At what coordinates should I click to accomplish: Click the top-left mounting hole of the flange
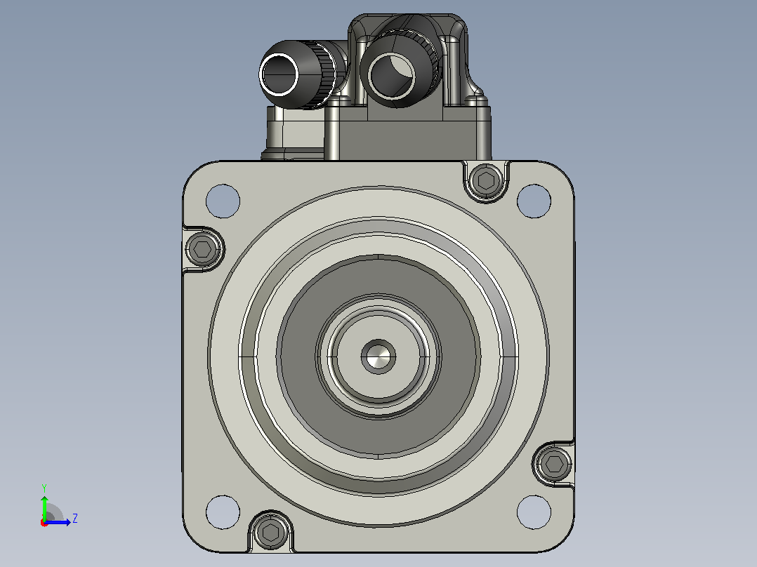tap(223, 201)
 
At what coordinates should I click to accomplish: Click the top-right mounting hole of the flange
tap(534, 201)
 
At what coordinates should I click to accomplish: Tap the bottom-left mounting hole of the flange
tap(223, 512)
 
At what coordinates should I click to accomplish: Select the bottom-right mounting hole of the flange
tap(534, 512)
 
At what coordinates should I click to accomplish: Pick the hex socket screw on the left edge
tap(203, 249)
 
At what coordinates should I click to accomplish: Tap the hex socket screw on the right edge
tap(554, 464)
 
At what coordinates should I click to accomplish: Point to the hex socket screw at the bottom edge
tap(270, 532)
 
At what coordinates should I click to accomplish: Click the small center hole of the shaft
tap(378, 356)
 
